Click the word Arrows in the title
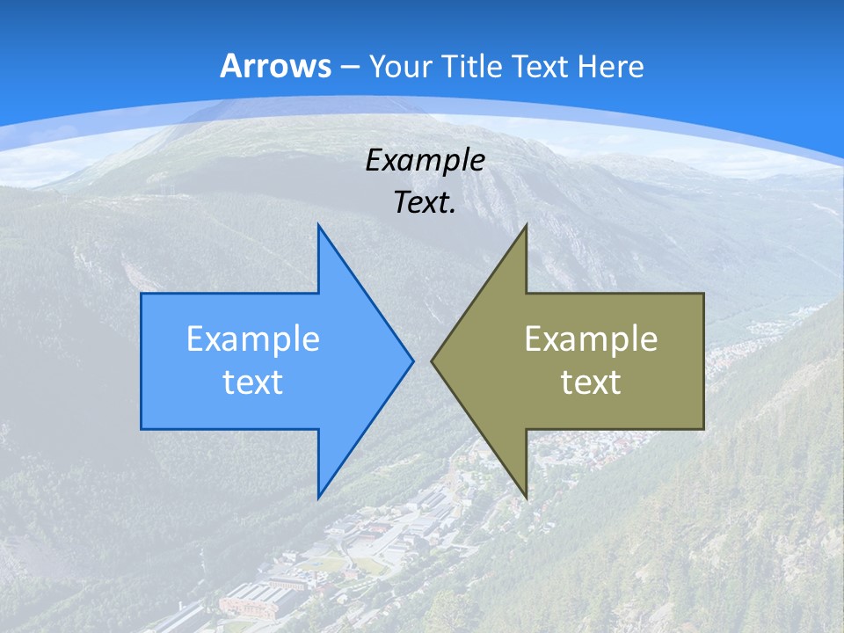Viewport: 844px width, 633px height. click(x=274, y=66)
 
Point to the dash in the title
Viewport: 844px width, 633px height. click(x=348, y=67)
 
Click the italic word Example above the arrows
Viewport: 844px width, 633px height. click(x=426, y=160)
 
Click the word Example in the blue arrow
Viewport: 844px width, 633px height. click(x=253, y=338)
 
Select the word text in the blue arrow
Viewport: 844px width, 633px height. click(x=253, y=382)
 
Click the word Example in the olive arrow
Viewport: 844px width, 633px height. click(x=591, y=338)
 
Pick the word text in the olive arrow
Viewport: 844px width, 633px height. click(x=591, y=382)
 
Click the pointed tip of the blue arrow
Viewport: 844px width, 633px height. click(x=412, y=360)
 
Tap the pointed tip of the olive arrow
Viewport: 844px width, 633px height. click(x=432, y=360)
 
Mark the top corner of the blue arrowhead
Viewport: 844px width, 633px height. click(x=318, y=225)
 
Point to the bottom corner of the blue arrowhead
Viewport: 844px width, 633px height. click(x=318, y=498)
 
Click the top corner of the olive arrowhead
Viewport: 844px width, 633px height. click(x=526, y=225)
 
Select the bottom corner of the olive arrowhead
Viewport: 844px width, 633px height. click(x=526, y=498)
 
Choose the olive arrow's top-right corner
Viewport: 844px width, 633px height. click(x=703, y=294)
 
